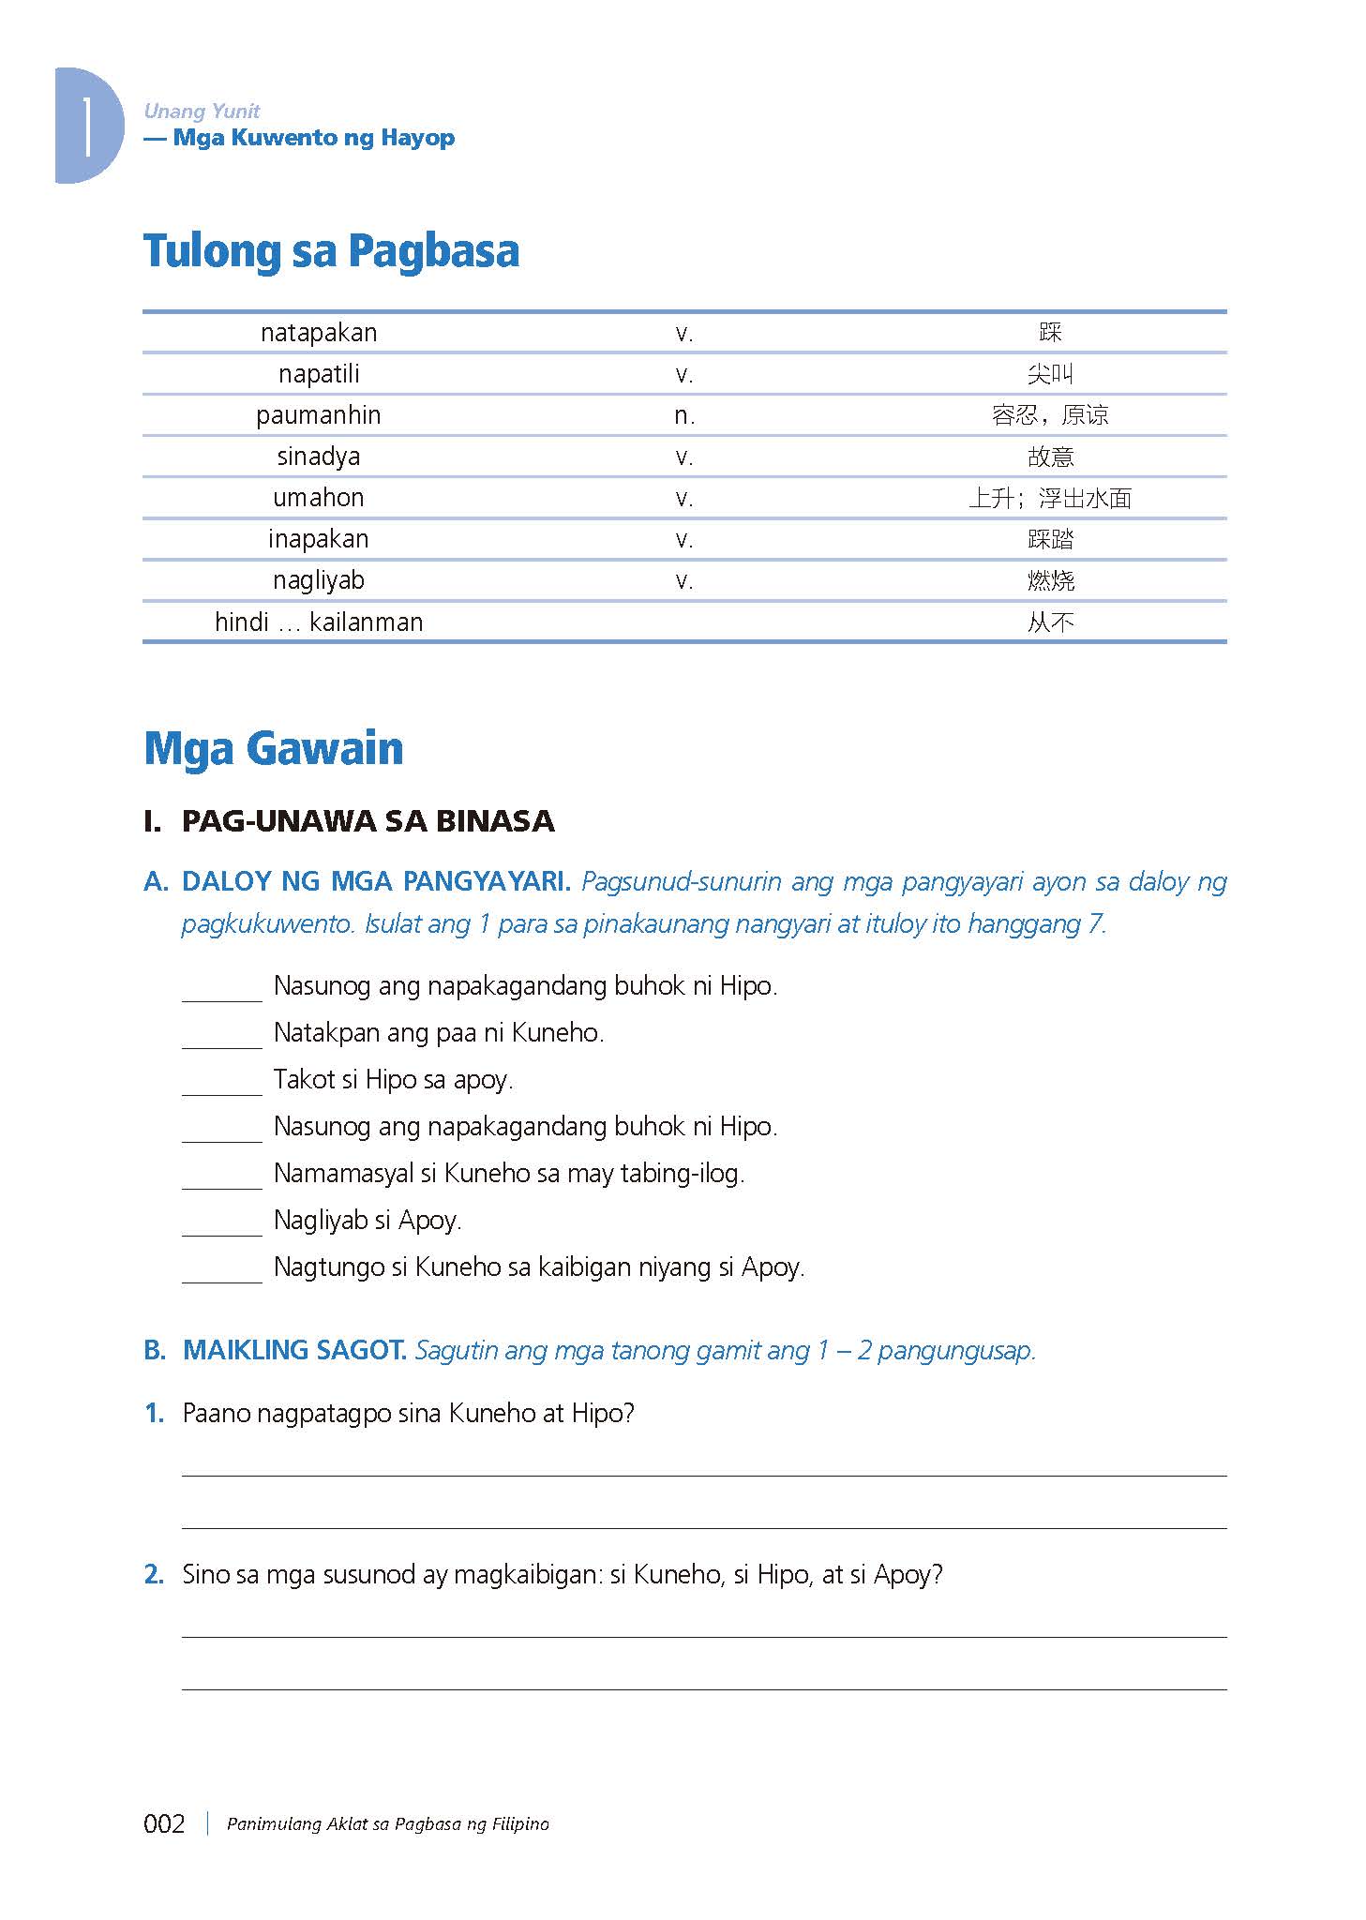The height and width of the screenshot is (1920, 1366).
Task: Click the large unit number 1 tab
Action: (87, 126)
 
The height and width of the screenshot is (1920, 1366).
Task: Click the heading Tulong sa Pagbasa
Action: (331, 251)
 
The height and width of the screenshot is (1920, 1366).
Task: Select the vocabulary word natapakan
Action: (319, 333)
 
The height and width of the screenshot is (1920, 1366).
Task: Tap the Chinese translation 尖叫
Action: (1050, 374)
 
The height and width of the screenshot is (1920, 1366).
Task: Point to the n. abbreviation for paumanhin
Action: (684, 415)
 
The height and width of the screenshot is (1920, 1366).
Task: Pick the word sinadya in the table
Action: (319, 457)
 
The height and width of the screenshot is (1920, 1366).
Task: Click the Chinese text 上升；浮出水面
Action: (1050, 498)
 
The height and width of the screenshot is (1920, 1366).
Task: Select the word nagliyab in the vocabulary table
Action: (319, 580)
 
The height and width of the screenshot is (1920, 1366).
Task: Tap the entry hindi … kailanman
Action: (319, 622)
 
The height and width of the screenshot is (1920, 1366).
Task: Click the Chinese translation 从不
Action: (1050, 622)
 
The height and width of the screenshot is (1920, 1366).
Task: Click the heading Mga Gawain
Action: (274, 748)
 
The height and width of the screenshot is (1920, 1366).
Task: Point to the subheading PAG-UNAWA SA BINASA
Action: (368, 821)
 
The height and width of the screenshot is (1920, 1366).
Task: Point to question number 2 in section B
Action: (155, 1574)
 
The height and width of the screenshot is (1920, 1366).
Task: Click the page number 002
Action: (164, 1823)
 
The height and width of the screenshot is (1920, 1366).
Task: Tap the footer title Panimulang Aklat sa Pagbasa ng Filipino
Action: (388, 1823)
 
